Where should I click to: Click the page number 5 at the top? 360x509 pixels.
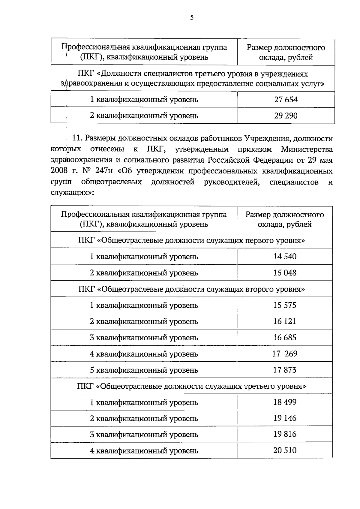192,18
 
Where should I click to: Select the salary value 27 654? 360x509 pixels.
286,100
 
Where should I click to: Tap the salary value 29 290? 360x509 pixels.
286,116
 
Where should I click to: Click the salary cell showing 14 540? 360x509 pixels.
285,257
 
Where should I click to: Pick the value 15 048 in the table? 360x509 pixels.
285,273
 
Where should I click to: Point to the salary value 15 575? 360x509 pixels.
285,305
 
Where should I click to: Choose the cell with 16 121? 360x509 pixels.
285,321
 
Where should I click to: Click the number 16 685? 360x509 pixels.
285,338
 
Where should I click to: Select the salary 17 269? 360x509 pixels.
285,354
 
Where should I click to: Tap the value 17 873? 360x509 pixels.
285,370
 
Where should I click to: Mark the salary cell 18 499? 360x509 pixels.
285,402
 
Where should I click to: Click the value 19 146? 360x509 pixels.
285,418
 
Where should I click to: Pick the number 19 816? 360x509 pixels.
285,434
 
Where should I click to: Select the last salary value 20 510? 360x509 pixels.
285,450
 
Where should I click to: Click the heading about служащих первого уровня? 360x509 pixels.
191,240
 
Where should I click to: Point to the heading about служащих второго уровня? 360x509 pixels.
191,289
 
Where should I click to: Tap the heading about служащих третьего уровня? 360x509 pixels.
191,386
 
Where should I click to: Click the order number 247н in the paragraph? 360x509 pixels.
104,171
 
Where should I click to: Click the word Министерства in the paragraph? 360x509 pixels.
307,149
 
